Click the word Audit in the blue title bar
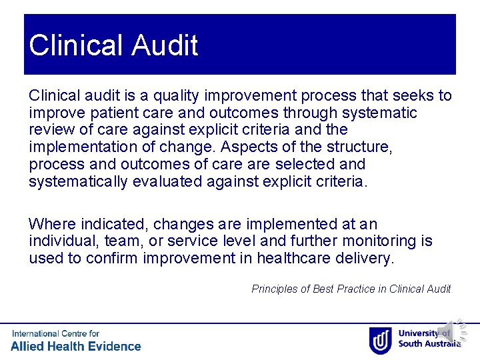pyautogui.click(x=165, y=46)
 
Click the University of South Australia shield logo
pyautogui.click(x=381, y=339)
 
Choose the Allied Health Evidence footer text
pyautogui.click(x=76, y=346)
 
